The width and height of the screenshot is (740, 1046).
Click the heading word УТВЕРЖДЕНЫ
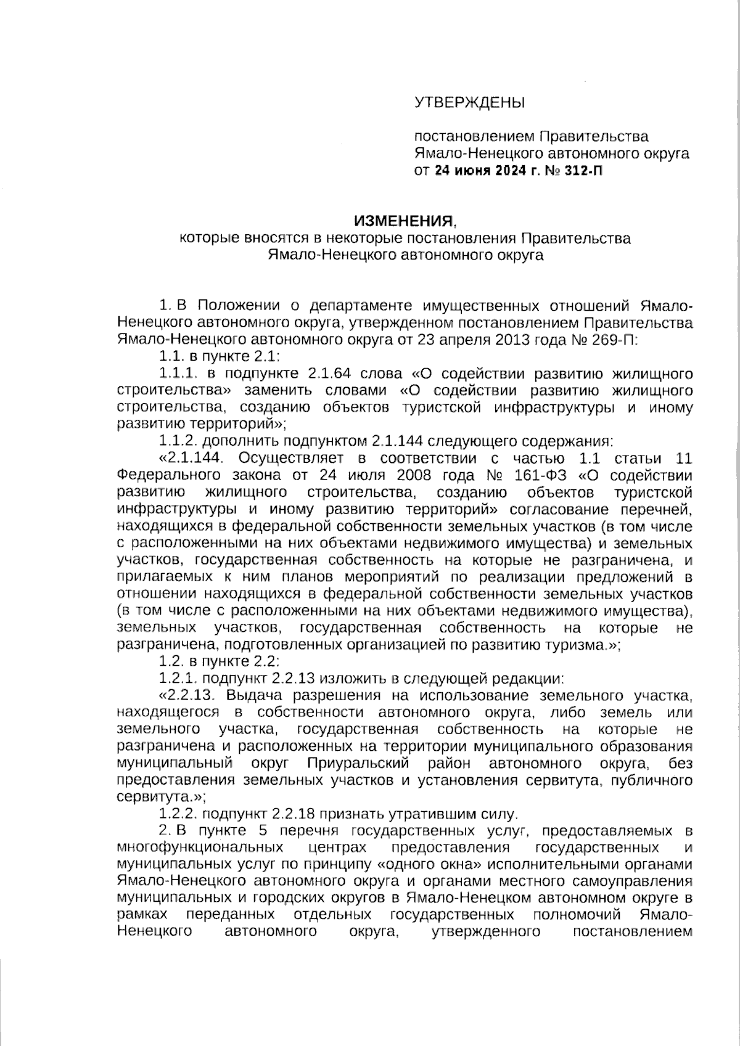coord(469,102)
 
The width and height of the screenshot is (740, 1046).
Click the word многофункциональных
coord(199,847)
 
